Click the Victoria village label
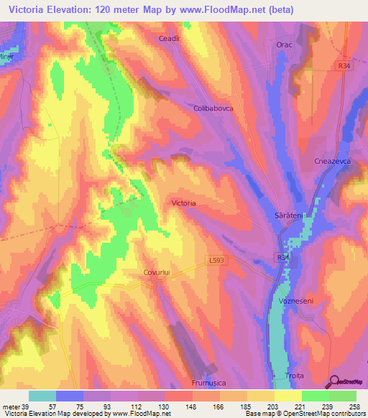click(x=184, y=203)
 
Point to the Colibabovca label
click(x=213, y=108)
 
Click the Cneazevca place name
click(x=332, y=162)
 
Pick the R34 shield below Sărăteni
click(x=282, y=256)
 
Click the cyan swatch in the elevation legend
click(x=42, y=396)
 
